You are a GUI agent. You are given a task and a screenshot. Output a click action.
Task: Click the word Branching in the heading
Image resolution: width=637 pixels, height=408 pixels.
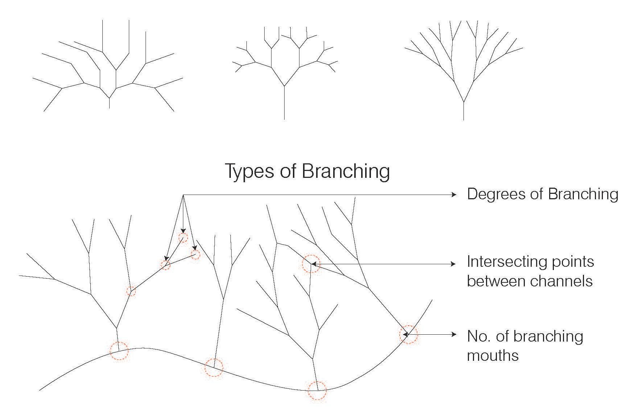click(346, 171)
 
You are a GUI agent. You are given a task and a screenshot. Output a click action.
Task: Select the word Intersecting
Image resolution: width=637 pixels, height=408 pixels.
click(503, 262)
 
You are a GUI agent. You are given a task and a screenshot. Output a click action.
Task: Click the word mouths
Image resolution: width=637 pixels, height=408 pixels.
click(493, 355)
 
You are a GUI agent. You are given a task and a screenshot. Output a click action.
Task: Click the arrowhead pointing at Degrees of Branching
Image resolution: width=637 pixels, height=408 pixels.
click(454, 195)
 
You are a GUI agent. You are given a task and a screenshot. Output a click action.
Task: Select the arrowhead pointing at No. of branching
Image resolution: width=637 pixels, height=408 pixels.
click(454, 334)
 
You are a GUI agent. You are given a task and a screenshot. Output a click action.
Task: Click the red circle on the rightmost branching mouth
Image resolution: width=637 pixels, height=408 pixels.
click(408, 334)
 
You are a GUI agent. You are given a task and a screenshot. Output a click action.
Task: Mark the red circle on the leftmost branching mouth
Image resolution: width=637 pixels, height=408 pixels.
click(119, 351)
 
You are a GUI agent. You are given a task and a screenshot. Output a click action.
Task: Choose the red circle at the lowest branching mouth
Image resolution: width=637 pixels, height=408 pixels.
click(317, 391)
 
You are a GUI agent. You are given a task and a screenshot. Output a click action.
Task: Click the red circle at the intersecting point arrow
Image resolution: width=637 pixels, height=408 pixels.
click(311, 264)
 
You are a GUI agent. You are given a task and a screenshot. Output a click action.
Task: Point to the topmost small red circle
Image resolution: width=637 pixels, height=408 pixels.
click(183, 238)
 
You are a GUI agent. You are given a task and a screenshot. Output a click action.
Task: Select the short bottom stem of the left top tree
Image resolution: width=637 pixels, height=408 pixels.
click(109, 103)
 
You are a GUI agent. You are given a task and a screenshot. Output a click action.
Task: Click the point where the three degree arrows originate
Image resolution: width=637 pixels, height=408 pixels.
click(183, 195)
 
